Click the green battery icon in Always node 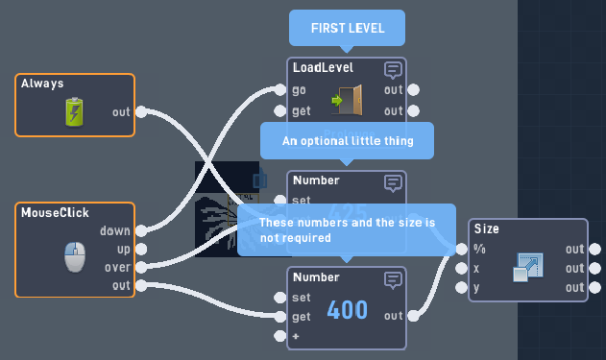75,112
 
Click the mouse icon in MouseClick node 75,257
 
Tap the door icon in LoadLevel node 347,99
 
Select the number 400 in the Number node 347,310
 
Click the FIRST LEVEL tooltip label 347,29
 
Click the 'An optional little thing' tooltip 347,140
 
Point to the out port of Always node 141,112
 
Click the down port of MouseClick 141,230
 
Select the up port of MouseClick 141,249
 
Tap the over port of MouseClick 141,267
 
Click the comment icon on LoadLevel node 393,69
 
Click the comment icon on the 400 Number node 393,279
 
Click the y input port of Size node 462,287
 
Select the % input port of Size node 462,249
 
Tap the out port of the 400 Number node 414,315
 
